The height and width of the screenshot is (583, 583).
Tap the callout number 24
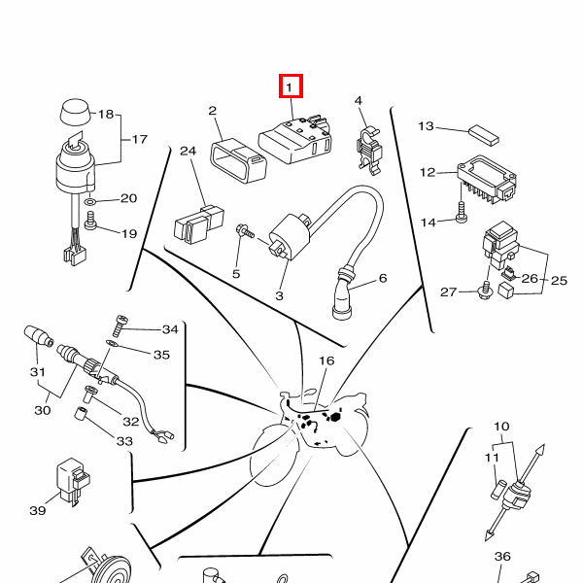pos(188,152)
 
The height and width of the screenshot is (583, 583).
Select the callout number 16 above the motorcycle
pos(326,360)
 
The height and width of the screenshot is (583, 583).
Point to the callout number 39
pos(38,510)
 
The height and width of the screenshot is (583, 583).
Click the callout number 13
pos(427,125)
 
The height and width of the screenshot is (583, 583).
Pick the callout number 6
pos(382,278)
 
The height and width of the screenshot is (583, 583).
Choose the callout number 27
pos(448,292)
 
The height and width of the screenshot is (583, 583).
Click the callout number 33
pos(125,441)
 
